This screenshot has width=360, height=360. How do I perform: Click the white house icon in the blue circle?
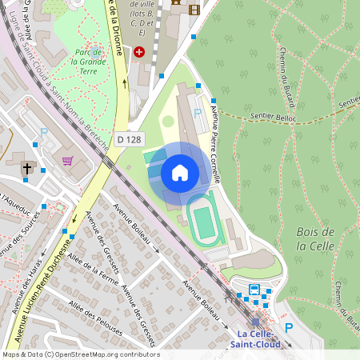coord(179,172)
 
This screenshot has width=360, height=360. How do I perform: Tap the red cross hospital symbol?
coord(140,51)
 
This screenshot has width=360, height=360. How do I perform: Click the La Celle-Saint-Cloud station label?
coord(254,338)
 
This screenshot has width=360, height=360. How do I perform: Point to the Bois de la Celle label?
coord(314,238)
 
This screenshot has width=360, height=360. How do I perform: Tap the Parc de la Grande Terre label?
coord(88,57)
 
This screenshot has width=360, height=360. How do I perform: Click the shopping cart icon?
coord(67,160)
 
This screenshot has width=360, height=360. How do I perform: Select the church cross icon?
coord(27,168)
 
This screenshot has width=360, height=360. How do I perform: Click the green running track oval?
coord(204,220)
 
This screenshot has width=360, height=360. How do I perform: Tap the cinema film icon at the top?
coord(194,9)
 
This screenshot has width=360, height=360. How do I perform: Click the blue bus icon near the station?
coord(254,290)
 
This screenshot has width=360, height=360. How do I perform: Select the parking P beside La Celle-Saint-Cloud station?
coord(290,327)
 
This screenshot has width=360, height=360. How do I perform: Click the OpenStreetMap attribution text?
coord(80,354)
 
